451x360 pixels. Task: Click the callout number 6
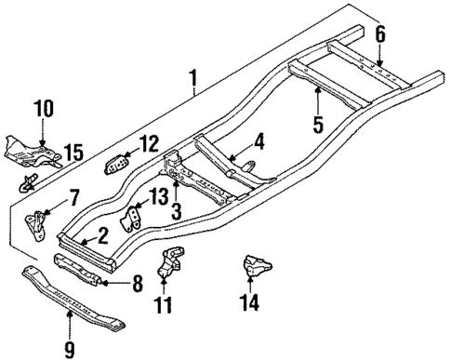tap(379, 34)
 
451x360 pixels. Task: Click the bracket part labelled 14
tap(255, 267)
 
